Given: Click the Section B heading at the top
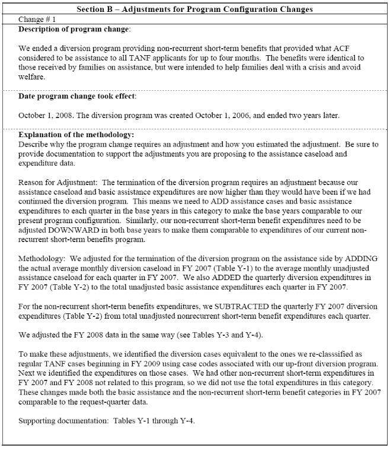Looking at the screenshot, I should click(x=194, y=8).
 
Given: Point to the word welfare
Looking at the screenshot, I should click(x=31, y=77).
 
